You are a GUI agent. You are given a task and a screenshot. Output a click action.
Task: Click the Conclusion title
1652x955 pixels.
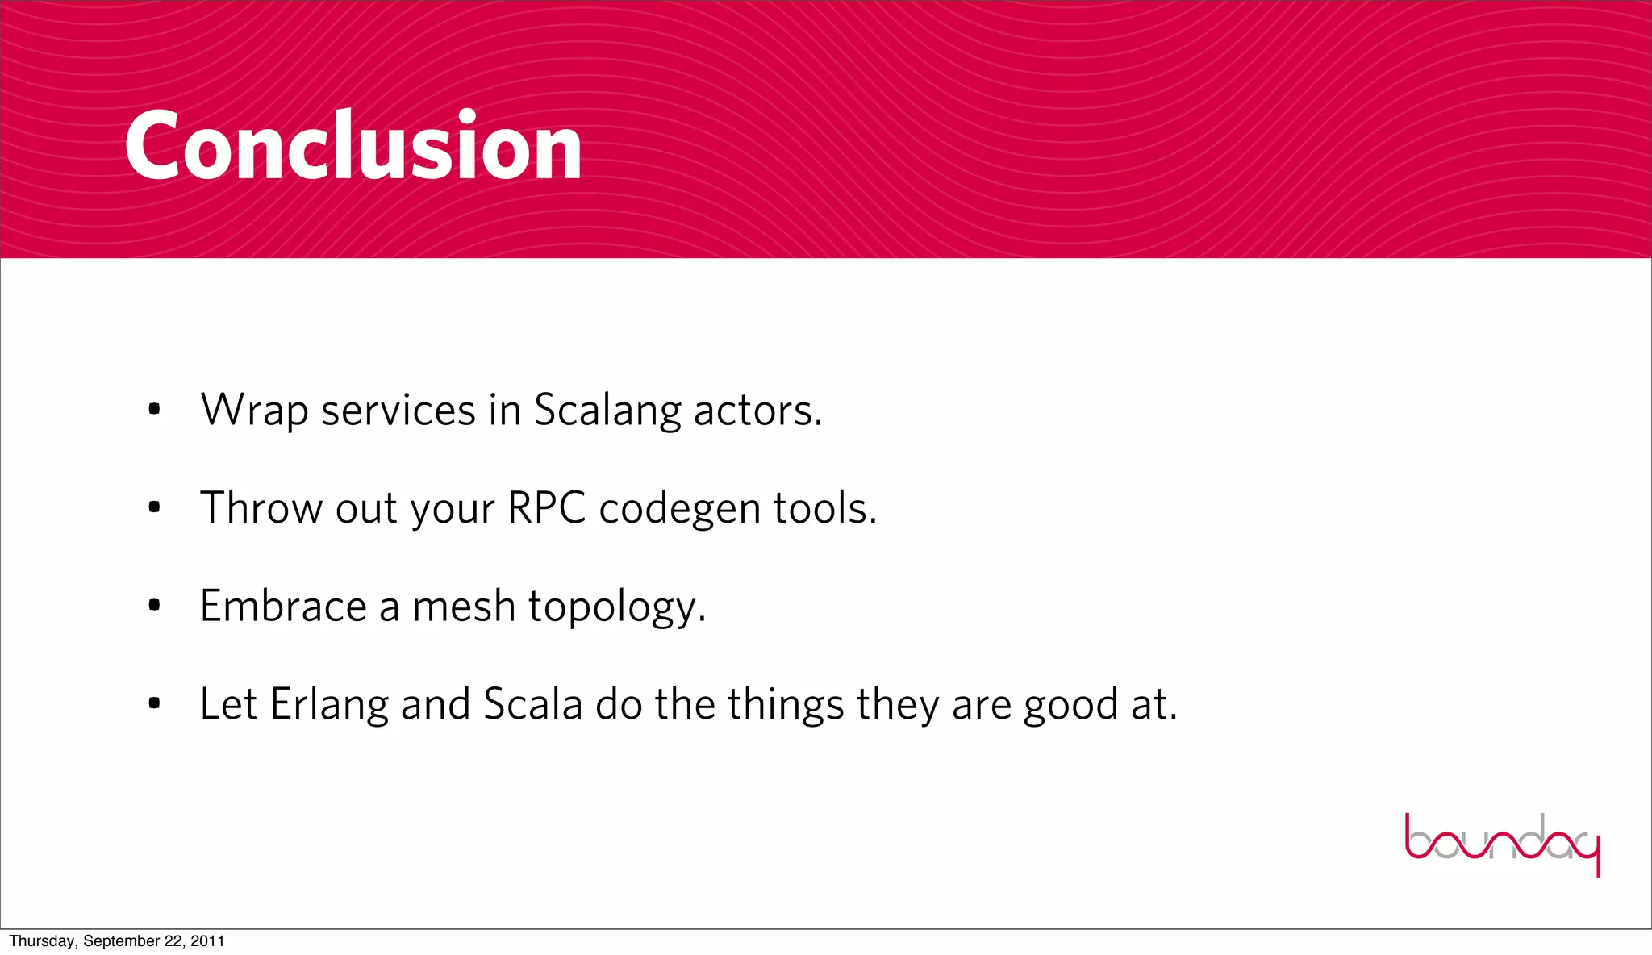point(353,146)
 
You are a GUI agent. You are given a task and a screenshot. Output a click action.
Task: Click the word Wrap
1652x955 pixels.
point(254,411)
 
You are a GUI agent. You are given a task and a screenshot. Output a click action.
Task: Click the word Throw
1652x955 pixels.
point(261,508)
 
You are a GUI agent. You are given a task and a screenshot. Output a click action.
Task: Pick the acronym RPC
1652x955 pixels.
point(546,508)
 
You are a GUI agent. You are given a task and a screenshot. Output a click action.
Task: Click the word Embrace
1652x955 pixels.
point(283,606)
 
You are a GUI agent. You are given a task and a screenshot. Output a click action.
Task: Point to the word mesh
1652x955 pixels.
point(464,606)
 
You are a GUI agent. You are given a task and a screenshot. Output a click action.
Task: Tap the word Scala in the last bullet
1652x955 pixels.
point(532,704)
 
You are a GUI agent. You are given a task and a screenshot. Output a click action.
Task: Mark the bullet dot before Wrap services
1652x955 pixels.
point(155,411)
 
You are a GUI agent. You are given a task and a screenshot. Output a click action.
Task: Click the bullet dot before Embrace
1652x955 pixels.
point(155,606)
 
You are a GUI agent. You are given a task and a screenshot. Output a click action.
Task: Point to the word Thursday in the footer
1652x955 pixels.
point(42,941)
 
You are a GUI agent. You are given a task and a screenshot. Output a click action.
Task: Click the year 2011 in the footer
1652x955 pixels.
point(207,941)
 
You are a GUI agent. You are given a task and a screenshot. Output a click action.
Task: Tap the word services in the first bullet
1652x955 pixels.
point(398,411)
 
